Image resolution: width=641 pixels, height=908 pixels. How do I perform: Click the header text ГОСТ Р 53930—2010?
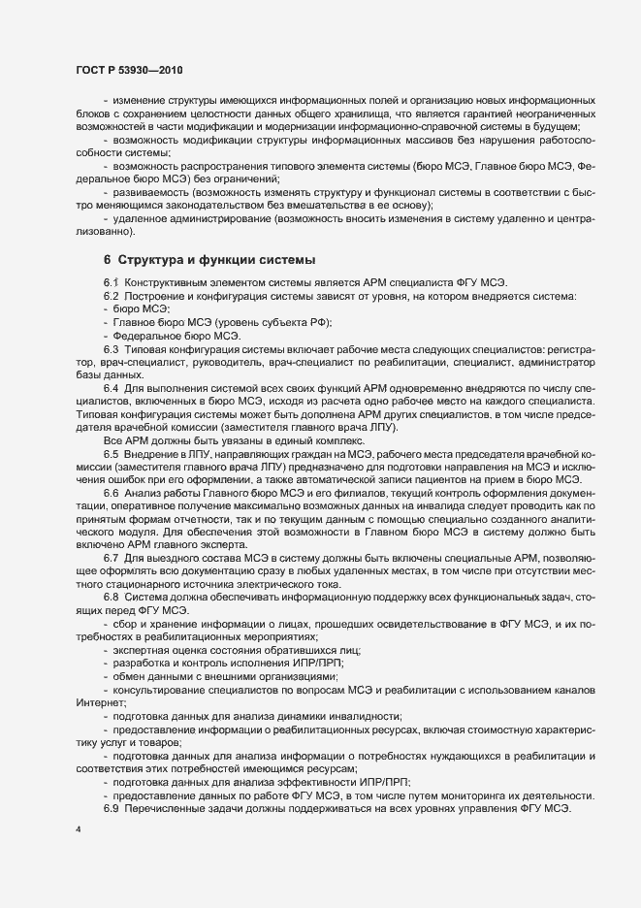(128, 71)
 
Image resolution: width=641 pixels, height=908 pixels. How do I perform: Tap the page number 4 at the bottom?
(78, 831)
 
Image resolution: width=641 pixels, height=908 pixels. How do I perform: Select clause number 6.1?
(111, 282)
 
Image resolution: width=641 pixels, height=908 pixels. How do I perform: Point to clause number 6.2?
(111, 295)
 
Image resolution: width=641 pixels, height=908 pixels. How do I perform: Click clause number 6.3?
(111, 347)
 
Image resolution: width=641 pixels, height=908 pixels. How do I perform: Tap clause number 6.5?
(111, 452)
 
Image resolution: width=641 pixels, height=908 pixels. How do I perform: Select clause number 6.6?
(111, 492)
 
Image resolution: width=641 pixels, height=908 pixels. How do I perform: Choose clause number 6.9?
(111, 808)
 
